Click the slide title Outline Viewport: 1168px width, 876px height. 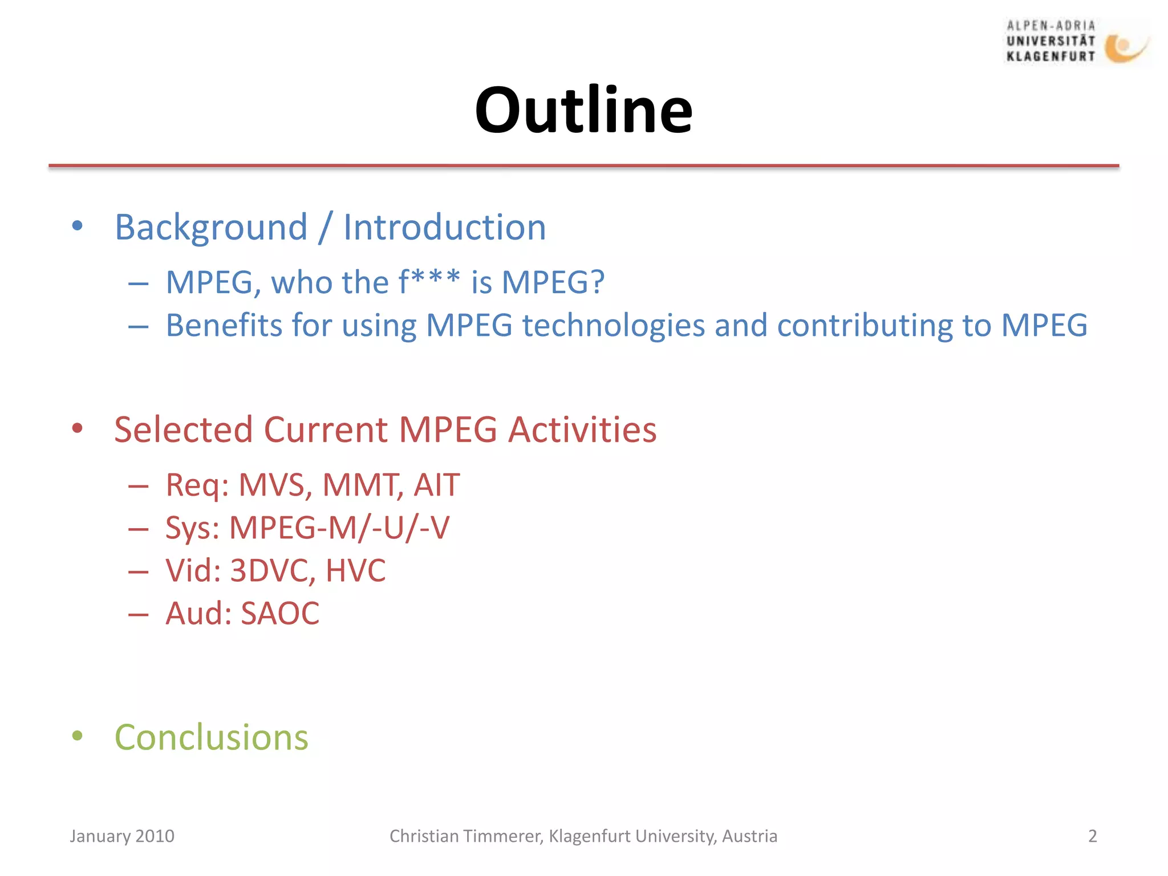(583, 110)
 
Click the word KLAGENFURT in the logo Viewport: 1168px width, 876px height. (1051, 56)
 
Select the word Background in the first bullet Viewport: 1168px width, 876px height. (211, 228)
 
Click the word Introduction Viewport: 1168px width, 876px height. (444, 228)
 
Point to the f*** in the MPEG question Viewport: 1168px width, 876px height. (428, 282)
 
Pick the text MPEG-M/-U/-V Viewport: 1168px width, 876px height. (339, 528)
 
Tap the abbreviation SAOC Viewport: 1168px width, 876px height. (280, 614)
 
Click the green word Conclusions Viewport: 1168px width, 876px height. (211, 737)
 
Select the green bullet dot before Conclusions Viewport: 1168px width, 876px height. (78, 736)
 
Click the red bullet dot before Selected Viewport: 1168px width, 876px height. (78, 428)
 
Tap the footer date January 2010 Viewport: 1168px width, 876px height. (121, 836)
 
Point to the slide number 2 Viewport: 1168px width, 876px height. (1092, 836)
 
